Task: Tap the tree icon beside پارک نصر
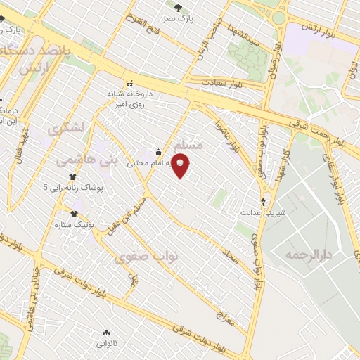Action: click(x=177, y=8)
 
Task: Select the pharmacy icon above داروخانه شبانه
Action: click(x=130, y=84)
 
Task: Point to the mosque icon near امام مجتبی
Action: click(x=158, y=152)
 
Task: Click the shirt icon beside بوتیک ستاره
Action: click(x=74, y=214)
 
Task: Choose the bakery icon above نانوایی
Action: click(x=106, y=333)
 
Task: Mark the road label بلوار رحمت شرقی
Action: click(x=323, y=131)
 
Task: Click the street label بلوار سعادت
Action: click(x=222, y=83)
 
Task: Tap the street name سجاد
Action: click(x=231, y=260)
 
